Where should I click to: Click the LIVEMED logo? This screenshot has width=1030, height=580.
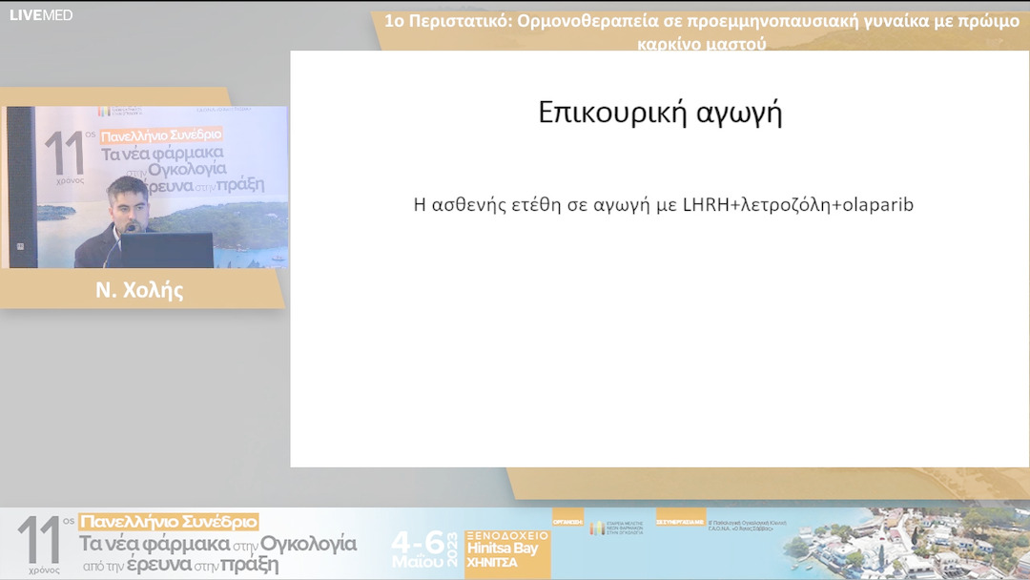(41, 15)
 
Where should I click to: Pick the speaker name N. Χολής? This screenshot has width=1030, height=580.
(139, 291)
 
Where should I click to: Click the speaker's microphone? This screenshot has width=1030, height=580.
(119, 242)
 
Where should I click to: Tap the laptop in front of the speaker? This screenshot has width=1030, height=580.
(167, 250)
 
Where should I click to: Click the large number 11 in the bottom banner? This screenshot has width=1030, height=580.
(38, 541)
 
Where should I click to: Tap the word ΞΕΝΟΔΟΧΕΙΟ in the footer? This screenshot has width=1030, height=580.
(506, 535)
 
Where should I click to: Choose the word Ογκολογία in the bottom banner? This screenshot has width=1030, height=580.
(309, 544)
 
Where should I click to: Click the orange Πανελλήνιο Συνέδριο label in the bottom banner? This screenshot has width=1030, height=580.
(169, 522)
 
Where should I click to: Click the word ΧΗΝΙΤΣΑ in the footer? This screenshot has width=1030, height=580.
(491, 563)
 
